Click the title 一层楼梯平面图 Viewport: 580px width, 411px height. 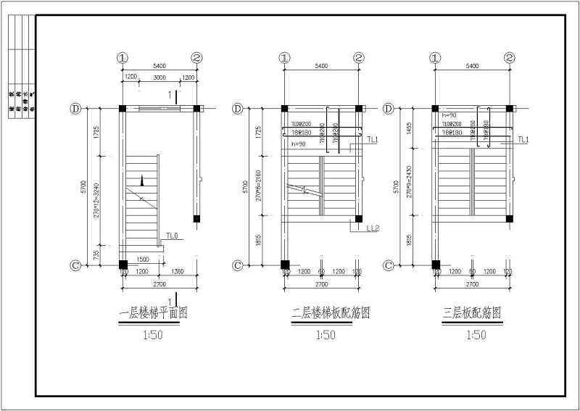click(x=153, y=314)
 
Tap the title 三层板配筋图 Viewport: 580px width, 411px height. click(x=472, y=314)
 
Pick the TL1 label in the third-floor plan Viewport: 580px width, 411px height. click(x=523, y=139)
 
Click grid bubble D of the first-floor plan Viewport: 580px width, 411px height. click(x=75, y=109)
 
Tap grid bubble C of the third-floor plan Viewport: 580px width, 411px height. click(x=389, y=265)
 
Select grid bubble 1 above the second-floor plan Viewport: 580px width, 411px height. click(x=285, y=58)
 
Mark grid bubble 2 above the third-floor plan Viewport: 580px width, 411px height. click(x=510, y=58)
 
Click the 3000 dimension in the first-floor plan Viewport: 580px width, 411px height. click(x=159, y=78)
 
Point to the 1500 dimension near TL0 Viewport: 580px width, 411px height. click(x=143, y=259)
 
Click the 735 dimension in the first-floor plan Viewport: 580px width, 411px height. click(x=97, y=253)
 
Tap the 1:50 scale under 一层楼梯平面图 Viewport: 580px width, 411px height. click(x=153, y=335)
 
